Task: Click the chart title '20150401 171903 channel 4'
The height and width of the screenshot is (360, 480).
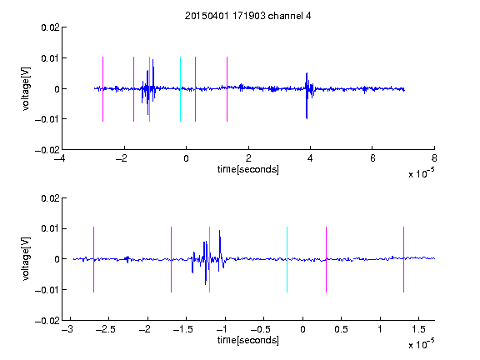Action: pos(247,16)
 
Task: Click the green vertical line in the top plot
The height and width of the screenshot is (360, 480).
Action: pos(149,89)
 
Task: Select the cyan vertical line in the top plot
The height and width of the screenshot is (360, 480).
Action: pos(180,89)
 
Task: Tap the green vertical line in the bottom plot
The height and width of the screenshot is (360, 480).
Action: pos(209,260)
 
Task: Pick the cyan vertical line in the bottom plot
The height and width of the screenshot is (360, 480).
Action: pos(287,260)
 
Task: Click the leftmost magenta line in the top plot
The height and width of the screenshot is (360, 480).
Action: pos(102,89)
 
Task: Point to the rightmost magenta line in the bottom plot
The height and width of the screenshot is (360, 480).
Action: pos(403,260)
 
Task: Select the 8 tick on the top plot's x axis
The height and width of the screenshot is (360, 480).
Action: pos(434,158)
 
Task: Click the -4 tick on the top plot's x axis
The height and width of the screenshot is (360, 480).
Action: pos(59,158)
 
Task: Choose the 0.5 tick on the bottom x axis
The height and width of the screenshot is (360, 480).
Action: pos(341,329)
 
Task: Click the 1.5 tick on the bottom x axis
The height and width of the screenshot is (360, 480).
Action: pos(418,329)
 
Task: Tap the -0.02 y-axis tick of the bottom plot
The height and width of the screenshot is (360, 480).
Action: pos(47,321)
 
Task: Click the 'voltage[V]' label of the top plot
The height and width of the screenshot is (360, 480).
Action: pos(27,89)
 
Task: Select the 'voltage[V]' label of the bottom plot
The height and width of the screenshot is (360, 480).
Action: pos(27,259)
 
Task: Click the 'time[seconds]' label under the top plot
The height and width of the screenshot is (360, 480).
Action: pos(248,169)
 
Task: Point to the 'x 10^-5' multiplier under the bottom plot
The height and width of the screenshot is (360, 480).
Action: pos(421,343)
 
